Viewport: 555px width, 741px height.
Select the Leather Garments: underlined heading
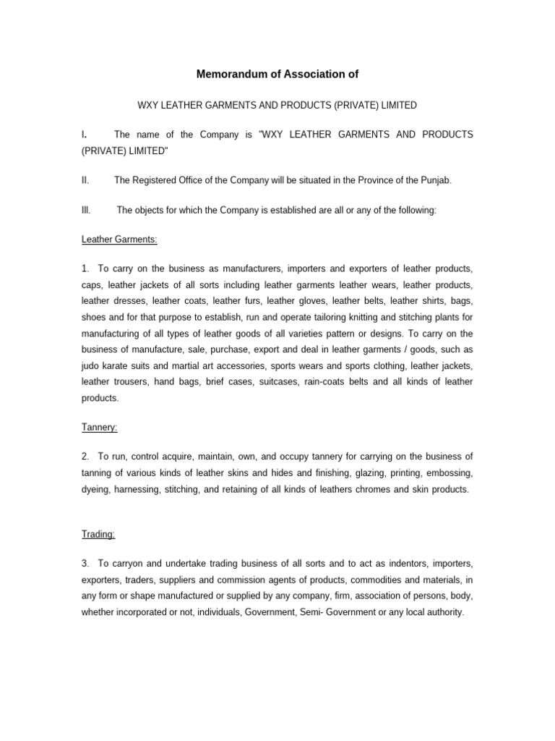point(120,240)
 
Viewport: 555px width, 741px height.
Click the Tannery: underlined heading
point(100,428)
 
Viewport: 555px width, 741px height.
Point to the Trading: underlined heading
point(98,535)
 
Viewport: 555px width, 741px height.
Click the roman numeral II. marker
point(85,180)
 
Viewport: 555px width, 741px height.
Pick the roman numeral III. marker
point(86,210)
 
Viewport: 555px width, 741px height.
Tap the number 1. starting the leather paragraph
point(85,269)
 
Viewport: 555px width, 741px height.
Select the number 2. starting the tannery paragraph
point(85,457)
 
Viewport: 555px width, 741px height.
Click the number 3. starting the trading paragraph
point(85,563)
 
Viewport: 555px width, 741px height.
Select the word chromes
point(369,489)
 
